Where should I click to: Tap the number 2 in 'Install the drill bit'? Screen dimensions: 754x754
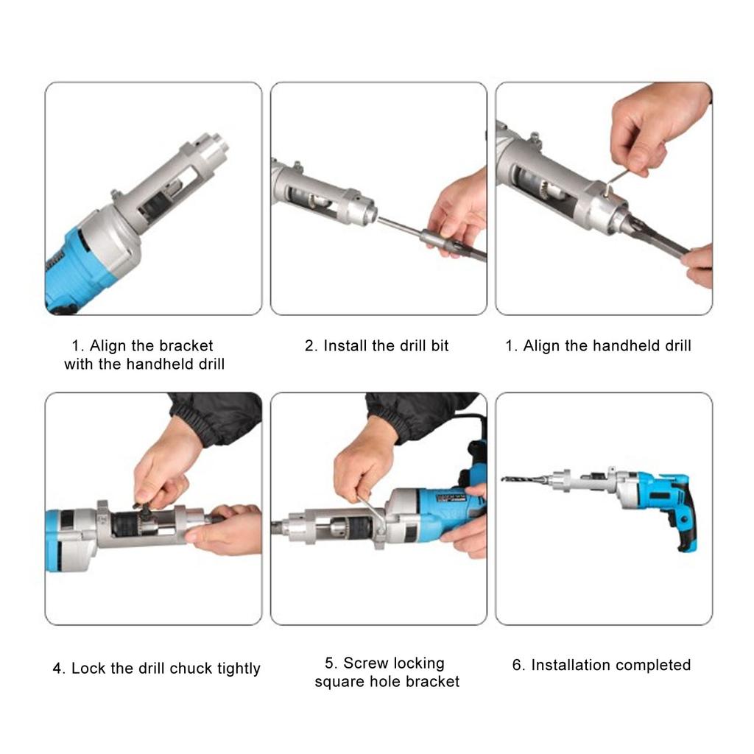click(309, 345)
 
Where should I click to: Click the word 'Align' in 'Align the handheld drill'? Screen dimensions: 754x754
click(542, 345)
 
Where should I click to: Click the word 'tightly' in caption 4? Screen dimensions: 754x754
click(239, 669)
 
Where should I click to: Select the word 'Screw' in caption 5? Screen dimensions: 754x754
click(366, 663)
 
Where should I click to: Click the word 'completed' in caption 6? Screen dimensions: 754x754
click(653, 665)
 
